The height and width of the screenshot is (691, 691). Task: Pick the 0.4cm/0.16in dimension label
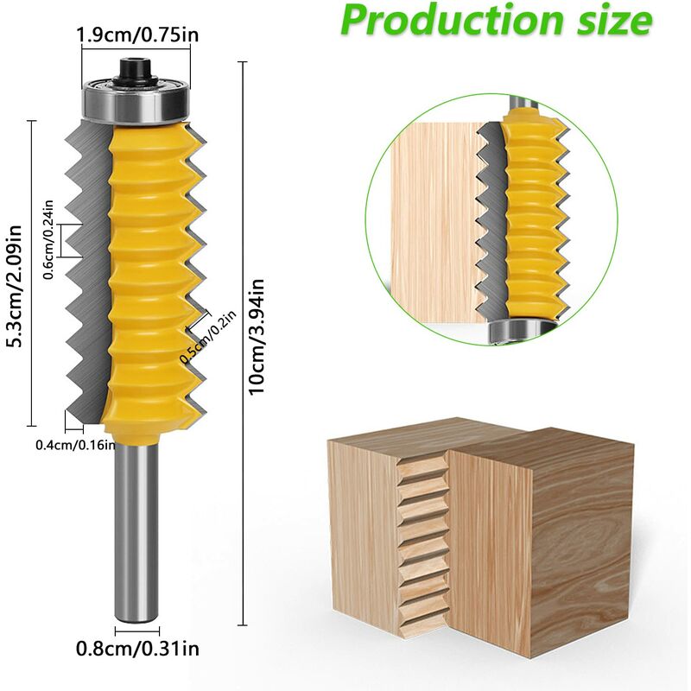click(x=74, y=445)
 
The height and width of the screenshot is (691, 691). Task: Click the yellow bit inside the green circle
click(x=529, y=216)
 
